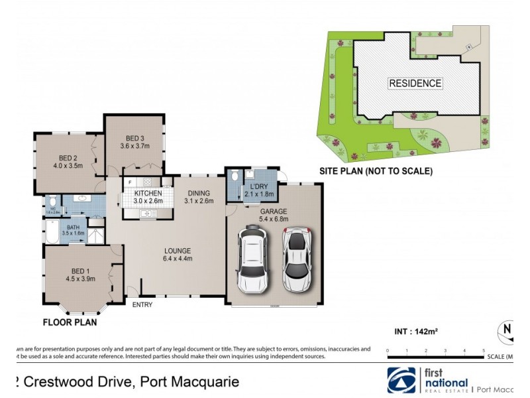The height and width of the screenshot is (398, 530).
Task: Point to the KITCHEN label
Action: coord(148,193)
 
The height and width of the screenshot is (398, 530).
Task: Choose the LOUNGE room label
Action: coord(178,250)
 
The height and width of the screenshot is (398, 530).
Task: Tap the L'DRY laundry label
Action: coord(259,186)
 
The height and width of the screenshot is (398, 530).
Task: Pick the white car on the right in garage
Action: coord(297,260)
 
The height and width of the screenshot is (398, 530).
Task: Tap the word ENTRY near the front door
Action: coord(142,305)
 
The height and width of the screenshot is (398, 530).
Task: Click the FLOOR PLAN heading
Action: coord(70,323)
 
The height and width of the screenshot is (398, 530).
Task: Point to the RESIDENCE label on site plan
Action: coord(415,84)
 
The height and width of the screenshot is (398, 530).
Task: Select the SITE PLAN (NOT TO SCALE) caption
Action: coord(376,171)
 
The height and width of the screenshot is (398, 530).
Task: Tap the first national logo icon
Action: coord(402,380)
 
